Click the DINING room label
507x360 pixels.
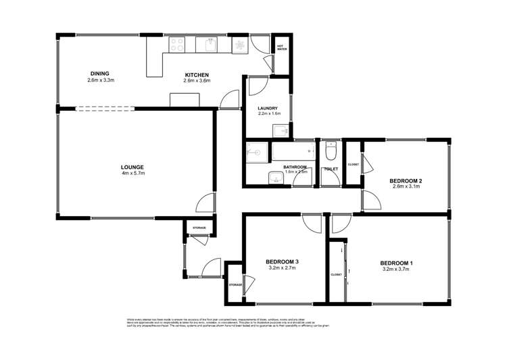coord(99,74)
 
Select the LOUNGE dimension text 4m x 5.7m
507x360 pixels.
coord(132,174)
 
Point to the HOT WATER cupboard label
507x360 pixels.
coord(281,47)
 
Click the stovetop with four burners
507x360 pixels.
coord(177,45)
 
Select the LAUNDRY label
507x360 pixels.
coord(268,108)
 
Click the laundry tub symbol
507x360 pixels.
coord(281,130)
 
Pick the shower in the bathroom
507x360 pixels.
coord(258,153)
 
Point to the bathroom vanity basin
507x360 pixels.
coord(275,178)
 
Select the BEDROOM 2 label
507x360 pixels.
coord(406,180)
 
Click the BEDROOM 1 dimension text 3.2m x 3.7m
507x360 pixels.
coord(396,269)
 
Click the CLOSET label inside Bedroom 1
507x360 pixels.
coord(336,274)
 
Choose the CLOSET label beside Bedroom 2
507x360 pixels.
coord(353,164)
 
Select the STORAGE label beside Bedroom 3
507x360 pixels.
coord(235,285)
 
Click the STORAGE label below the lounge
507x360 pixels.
coord(199,228)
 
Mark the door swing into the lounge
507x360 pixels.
coord(206,203)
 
